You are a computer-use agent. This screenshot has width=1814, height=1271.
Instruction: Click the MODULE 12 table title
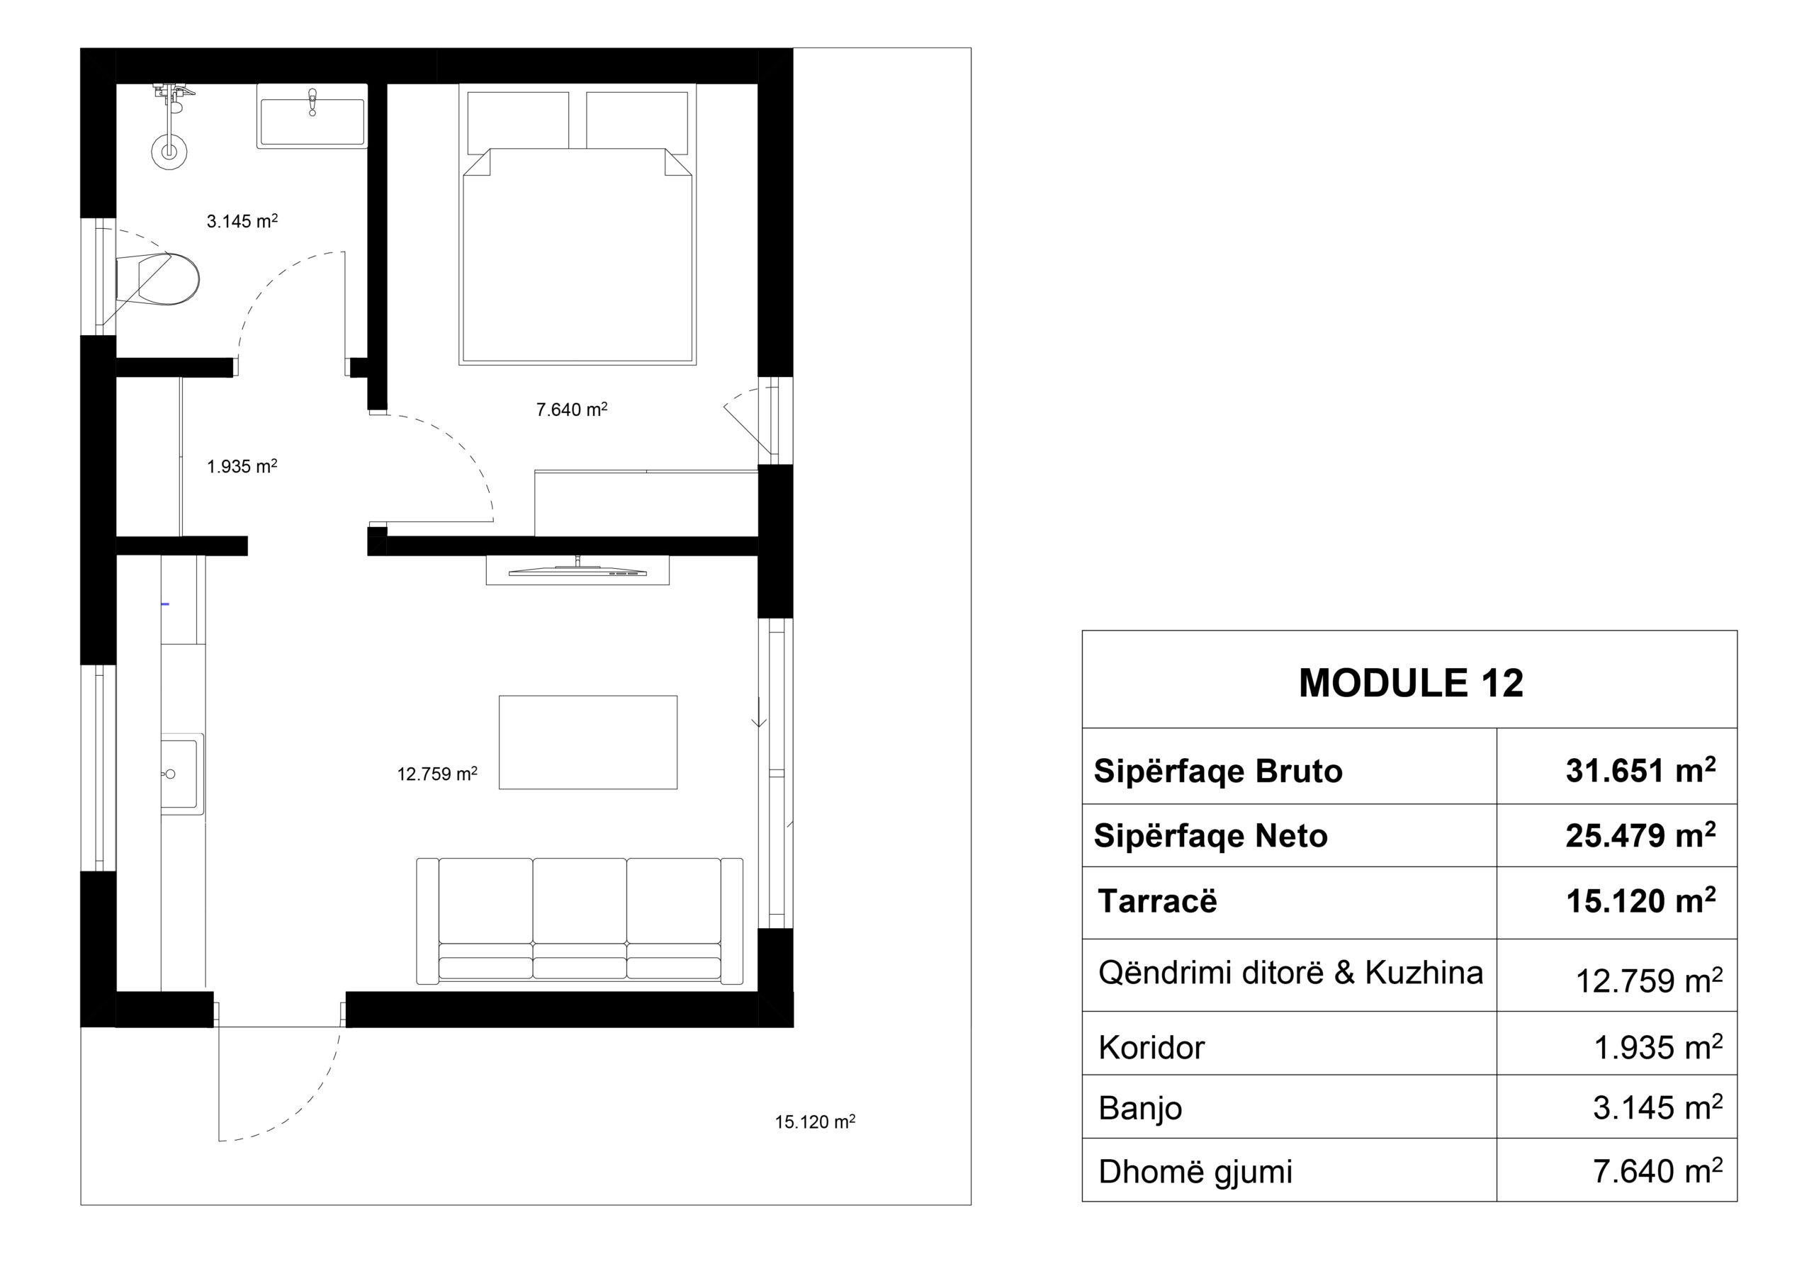[x=1410, y=683]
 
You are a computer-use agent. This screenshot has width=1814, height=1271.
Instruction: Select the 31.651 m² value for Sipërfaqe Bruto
[x=1640, y=770]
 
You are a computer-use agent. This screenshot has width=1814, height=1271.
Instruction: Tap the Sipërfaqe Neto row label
[x=1210, y=836]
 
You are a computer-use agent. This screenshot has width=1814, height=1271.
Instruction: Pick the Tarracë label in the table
[x=1157, y=901]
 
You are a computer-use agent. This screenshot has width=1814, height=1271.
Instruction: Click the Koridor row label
[x=1151, y=1047]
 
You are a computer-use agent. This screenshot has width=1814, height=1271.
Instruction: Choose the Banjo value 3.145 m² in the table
[x=1657, y=1107]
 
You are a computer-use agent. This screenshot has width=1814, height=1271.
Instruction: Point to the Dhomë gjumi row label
[x=1195, y=1173]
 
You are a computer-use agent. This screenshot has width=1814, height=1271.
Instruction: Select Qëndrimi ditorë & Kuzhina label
[x=1290, y=973]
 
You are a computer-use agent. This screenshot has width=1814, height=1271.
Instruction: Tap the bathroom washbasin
[x=312, y=115]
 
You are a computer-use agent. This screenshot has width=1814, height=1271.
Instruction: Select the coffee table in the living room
[x=588, y=742]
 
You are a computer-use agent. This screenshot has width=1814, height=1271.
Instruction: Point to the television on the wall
[x=578, y=570]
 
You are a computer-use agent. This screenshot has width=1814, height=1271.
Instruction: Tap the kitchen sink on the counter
[x=181, y=774]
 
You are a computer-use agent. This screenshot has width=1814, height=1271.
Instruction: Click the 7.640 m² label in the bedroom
[x=572, y=409]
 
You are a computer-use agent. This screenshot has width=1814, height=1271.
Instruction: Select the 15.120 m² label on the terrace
[x=816, y=1122]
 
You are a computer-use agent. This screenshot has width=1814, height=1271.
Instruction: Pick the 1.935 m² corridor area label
[x=242, y=466]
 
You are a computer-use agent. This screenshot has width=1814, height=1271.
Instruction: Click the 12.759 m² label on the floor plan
[x=437, y=774]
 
